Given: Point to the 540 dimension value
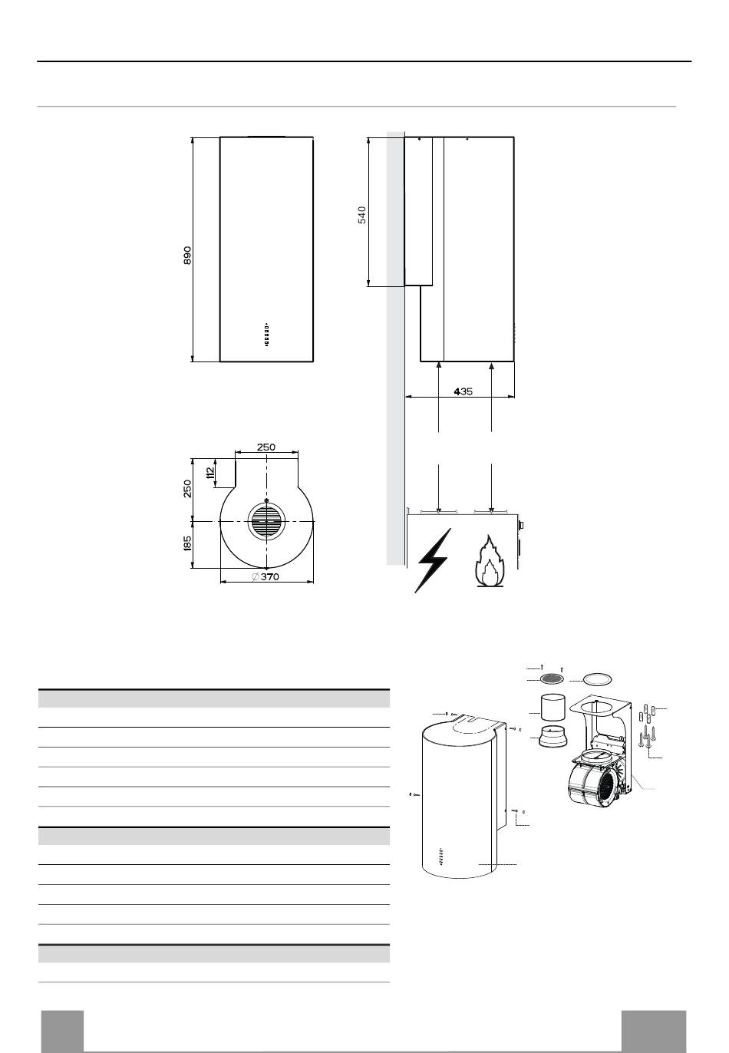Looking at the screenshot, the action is (x=362, y=214).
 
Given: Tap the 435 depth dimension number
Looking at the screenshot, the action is (x=463, y=391).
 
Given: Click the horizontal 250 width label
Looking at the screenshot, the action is (x=266, y=447).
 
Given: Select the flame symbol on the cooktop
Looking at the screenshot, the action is (x=486, y=562).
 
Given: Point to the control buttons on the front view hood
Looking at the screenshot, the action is (x=266, y=334).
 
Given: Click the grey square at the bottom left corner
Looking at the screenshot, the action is (x=62, y=1031).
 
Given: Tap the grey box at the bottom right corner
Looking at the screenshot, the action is (x=654, y=1031).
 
